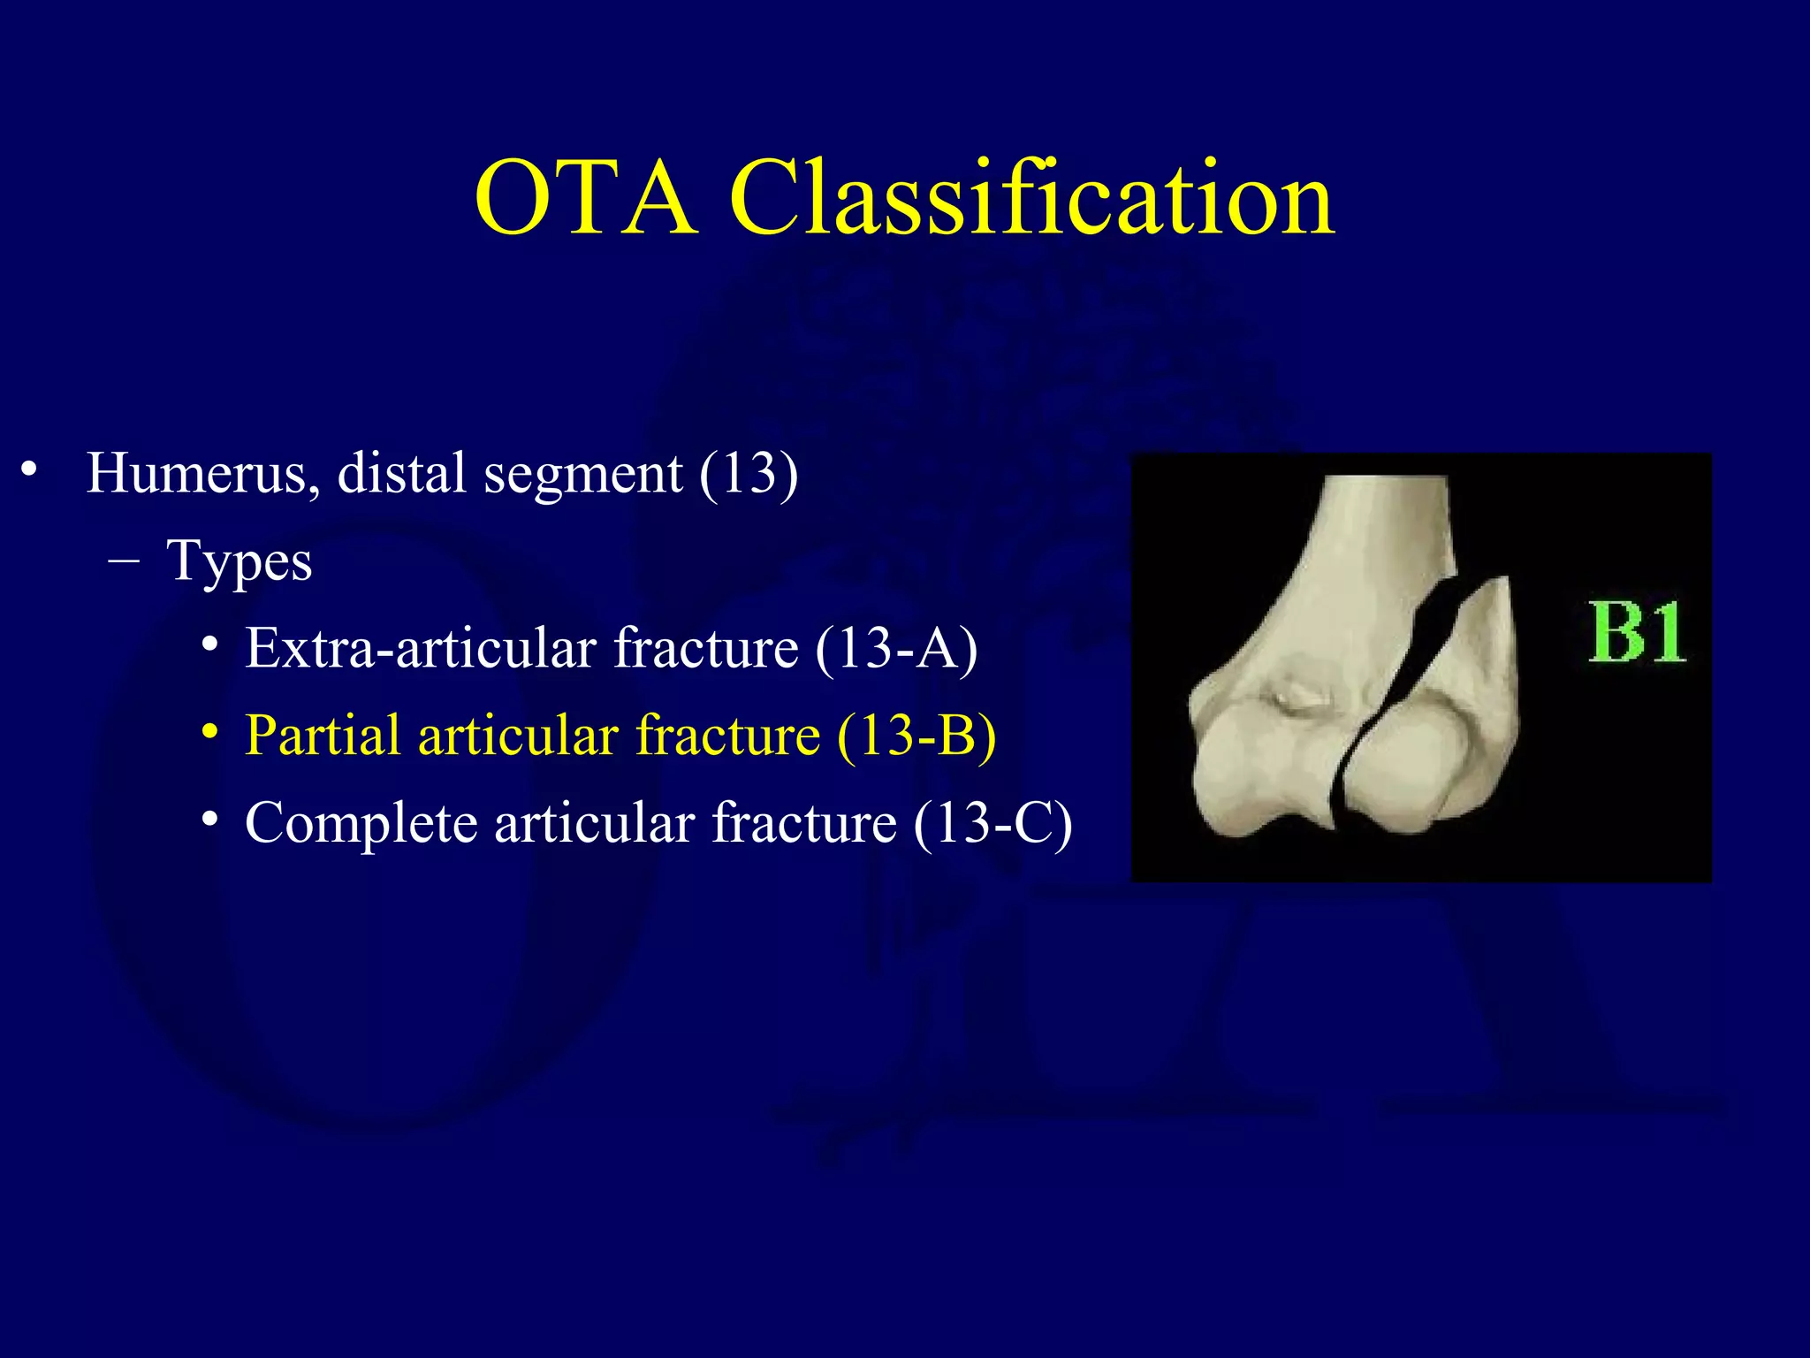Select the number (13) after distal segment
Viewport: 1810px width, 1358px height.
point(749,473)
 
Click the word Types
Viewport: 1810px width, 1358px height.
point(240,561)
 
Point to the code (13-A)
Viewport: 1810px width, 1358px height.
point(896,648)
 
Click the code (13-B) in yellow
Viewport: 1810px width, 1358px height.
point(916,736)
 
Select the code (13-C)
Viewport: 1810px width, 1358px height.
point(993,823)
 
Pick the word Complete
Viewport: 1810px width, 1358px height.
point(361,823)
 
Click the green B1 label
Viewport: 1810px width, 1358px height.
point(1637,633)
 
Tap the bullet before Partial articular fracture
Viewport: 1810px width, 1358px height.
point(209,733)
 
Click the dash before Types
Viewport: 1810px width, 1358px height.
point(125,561)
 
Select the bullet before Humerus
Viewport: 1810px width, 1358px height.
point(30,469)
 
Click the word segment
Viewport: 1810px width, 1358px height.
point(583,475)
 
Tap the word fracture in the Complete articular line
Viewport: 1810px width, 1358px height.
point(804,823)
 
